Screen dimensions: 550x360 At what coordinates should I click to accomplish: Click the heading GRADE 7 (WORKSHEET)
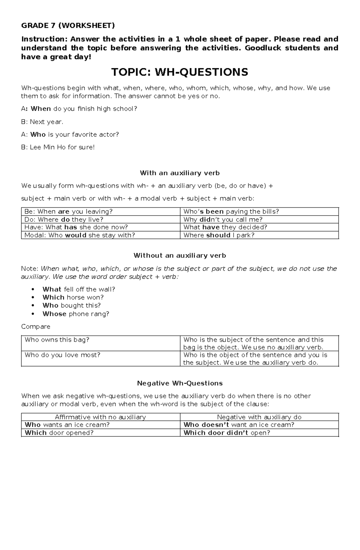click(68, 25)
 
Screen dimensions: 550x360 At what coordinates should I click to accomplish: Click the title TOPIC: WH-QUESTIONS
click(180, 72)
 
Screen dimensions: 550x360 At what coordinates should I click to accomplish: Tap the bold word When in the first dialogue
click(41, 109)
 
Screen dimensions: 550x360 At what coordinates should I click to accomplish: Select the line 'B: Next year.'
click(42, 122)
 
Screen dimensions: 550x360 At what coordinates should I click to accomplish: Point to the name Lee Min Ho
click(48, 147)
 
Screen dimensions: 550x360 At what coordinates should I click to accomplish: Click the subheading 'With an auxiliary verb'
click(180, 173)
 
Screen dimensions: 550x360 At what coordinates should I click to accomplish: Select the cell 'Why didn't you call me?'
click(223, 219)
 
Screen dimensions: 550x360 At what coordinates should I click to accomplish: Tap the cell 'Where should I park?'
click(219, 235)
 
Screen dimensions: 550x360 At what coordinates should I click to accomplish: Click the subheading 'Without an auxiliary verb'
click(180, 255)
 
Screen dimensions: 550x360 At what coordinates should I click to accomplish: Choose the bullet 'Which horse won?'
click(73, 297)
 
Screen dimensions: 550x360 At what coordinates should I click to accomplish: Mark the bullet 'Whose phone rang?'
click(76, 314)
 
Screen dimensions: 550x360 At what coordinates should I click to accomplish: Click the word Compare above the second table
click(36, 326)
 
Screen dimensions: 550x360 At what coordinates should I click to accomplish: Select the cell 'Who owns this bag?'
click(57, 340)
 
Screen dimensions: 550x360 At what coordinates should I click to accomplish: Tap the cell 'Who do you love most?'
click(62, 355)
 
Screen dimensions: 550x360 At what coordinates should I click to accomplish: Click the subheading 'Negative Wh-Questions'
click(180, 383)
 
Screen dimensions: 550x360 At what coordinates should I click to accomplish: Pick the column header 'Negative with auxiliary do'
click(259, 417)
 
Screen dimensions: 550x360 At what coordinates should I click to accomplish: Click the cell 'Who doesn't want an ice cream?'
click(239, 425)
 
